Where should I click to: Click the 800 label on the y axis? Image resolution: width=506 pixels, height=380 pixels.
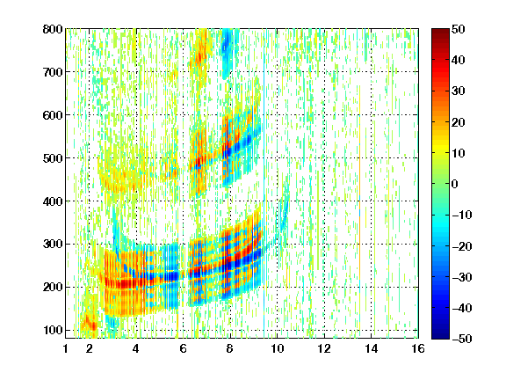[53, 29]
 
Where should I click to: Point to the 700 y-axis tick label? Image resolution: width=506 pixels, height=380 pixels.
[53, 72]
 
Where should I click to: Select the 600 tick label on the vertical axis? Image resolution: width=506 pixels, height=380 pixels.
[53, 115]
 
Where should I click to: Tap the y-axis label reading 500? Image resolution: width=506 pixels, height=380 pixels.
[53, 158]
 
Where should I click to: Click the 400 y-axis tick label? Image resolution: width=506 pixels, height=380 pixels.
[53, 201]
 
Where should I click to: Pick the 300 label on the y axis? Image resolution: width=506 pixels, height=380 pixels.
[53, 245]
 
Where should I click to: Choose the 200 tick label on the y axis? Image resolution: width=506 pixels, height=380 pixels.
[53, 288]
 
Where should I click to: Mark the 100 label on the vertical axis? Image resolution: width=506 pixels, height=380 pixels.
[53, 330]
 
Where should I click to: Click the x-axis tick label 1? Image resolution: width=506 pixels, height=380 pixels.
[66, 348]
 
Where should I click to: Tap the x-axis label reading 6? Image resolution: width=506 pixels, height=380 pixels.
[183, 348]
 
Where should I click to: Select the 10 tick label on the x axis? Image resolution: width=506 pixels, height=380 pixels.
[277, 348]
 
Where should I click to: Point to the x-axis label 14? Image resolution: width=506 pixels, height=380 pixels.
[371, 348]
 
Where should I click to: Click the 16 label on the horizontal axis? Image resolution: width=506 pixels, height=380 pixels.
[418, 348]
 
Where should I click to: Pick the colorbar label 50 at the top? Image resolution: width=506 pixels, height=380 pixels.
[458, 29]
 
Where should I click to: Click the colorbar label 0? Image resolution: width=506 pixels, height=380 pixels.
[455, 184]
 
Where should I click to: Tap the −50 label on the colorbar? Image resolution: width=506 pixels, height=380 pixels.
[462, 339]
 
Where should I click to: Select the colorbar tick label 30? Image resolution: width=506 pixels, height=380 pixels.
[458, 91]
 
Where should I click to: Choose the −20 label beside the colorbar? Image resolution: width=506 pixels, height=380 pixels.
[462, 246]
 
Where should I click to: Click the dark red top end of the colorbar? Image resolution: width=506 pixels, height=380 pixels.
[440, 32]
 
